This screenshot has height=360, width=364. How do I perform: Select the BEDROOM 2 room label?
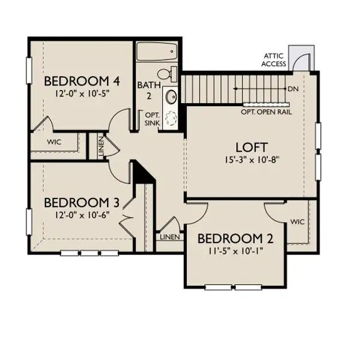pyautogui.click(x=235, y=238)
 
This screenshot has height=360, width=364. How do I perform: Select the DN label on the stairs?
pyautogui.click(x=293, y=89)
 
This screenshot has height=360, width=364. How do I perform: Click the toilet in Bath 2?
pyautogui.click(x=172, y=74)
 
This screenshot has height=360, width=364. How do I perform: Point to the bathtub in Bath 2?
pyautogui.click(x=156, y=52)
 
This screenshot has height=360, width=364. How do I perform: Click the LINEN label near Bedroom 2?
pyautogui.click(x=169, y=237)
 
